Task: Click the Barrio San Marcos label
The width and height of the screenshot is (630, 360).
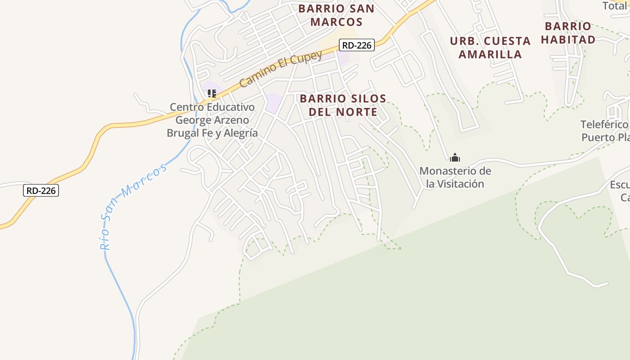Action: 336,15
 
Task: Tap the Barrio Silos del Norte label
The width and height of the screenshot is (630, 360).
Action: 343,105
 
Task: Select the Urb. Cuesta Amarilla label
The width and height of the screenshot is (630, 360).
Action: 490,47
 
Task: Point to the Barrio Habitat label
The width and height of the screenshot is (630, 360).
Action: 568,33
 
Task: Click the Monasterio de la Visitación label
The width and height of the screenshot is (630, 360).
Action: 455,177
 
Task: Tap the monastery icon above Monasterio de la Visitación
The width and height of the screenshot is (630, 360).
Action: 455,157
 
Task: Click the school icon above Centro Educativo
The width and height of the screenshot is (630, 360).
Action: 211,94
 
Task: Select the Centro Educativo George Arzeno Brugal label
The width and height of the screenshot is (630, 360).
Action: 212,120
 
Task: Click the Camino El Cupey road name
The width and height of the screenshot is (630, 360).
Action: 281,69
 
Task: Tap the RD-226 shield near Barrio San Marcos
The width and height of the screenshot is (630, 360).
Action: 357,45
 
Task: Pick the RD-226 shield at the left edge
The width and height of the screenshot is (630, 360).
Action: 41,190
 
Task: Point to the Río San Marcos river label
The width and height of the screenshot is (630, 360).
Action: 132,206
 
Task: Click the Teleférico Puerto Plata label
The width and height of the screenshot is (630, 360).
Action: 605,130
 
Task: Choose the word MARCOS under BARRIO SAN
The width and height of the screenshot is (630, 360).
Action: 336,22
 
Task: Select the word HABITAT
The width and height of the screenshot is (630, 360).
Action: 568,40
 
